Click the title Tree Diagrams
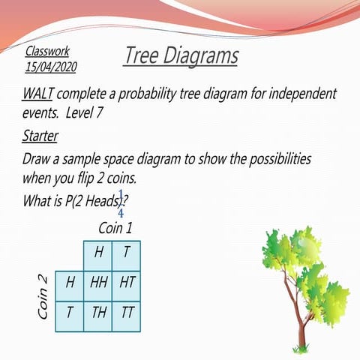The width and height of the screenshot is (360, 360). (x=181, y=55)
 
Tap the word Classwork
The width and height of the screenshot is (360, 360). (x=47, y=52)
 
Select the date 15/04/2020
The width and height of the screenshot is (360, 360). (x=50, y=67)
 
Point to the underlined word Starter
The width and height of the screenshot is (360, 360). (x=40, y=136)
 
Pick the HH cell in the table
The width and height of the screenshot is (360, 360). (x=97, y=283)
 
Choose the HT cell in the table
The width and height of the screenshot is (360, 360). (x=127, y=283)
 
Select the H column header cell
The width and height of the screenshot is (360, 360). (x=97, y=253)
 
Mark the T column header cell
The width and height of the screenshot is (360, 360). (x=127, y=253)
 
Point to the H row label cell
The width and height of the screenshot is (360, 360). (x=69, y=283)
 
